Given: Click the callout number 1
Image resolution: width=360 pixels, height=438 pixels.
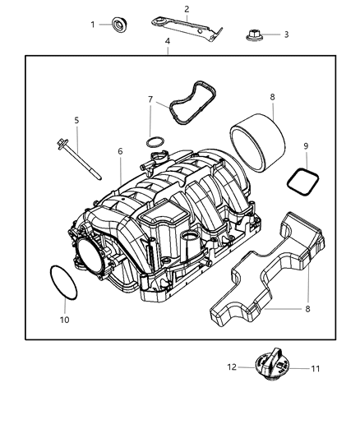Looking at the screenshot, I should click(x=93, y=25).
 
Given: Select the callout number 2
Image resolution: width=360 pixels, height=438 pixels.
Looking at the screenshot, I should click(x=187, y=9).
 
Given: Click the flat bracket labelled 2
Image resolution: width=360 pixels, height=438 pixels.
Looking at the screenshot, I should click(x=182, y=27).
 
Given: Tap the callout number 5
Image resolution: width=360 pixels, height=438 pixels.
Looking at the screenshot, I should click(x=76, y=120).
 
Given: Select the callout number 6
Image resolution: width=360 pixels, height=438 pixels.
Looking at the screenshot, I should click(x=120, y=152).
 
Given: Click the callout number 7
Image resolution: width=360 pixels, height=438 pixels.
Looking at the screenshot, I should click(x=150, y=99).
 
